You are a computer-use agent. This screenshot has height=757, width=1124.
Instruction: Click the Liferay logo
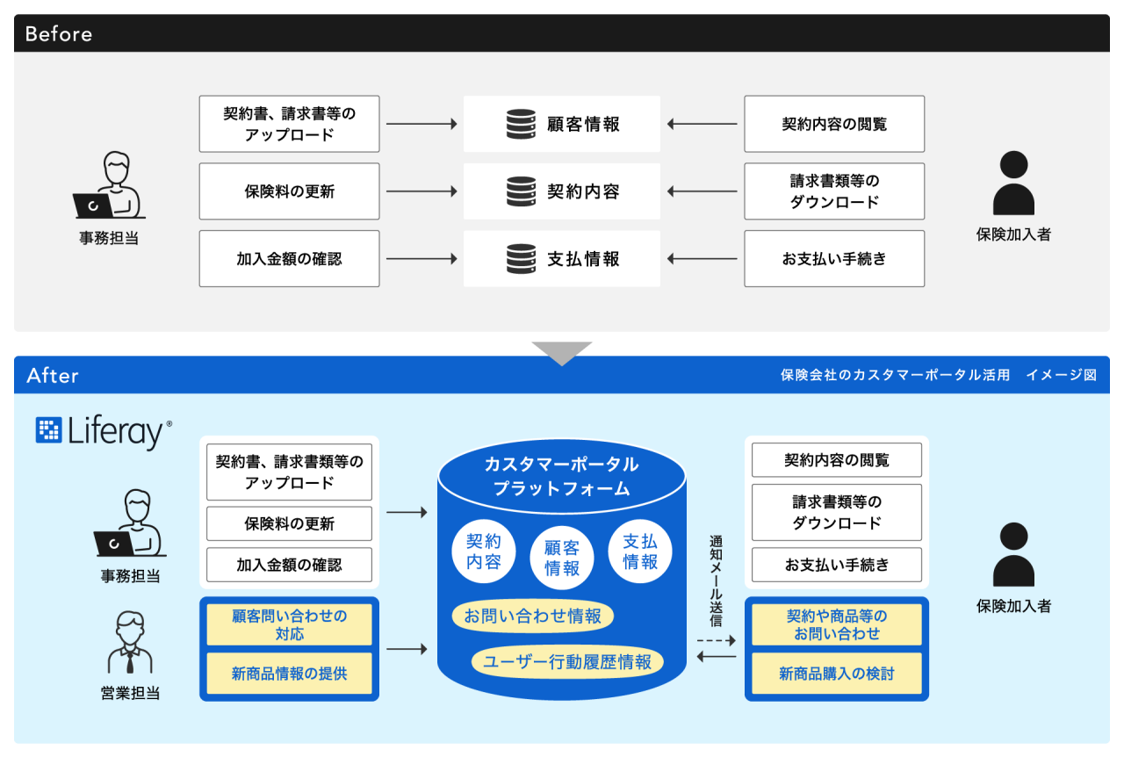[104, 432]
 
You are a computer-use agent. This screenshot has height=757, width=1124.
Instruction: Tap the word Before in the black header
[59, 34]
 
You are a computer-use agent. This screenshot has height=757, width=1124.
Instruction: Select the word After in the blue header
[53, 376]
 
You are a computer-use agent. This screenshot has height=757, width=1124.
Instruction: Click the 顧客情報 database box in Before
[562, 124]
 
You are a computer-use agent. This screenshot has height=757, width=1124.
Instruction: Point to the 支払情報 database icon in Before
[521, 259]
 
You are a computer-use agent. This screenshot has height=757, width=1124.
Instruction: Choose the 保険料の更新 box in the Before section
[289, 191]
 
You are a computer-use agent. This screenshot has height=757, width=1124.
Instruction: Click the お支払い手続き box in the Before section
[834, 259]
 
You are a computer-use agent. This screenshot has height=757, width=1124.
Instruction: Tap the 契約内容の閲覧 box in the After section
[836, 460]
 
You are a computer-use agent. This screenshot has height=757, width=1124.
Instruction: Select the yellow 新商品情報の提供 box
[289, 674]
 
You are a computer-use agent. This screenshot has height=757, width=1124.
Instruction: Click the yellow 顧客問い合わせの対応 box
[289, 624]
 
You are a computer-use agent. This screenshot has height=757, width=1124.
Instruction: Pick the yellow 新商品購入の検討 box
[836, 674]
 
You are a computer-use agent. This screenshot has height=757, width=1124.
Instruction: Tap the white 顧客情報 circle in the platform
[562, 558]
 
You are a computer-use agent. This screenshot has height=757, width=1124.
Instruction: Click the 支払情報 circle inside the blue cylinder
[640, 552]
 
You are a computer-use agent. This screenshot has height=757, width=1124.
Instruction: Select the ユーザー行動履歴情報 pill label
[568, 662]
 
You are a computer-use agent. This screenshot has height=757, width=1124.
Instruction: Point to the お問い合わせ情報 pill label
[533, 616]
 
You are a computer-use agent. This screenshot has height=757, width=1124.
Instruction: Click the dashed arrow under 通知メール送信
[716, 641]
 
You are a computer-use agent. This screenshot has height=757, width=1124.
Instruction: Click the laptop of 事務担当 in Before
[93, 205]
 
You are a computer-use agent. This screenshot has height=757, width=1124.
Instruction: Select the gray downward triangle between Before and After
[562, 351]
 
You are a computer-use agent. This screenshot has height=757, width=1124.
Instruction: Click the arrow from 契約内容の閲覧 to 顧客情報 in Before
[702, 124]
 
